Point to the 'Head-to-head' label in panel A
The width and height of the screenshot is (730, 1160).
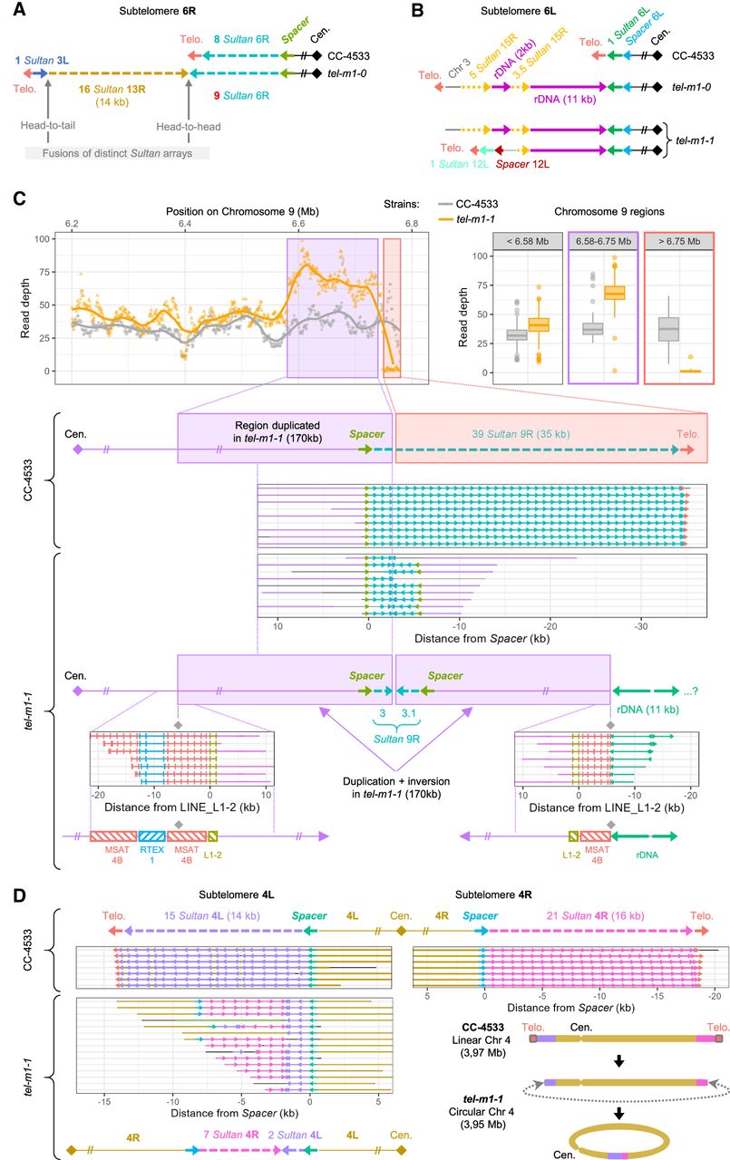coord(189,129)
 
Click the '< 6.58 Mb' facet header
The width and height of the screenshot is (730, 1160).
coord(529,241)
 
